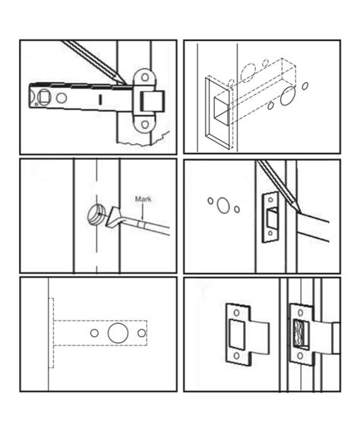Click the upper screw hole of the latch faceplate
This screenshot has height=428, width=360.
143,76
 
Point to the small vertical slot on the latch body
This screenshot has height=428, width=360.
99,99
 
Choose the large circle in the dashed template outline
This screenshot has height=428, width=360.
118,333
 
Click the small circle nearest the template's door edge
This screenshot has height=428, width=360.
93,333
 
